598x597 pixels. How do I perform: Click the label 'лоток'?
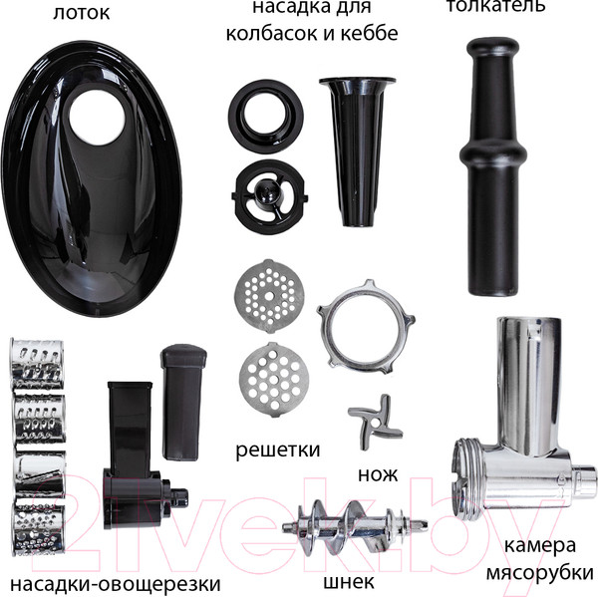81,13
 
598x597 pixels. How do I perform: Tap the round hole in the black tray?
97,118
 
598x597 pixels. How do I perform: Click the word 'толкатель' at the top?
495,6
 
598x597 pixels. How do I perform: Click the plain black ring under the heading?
266,117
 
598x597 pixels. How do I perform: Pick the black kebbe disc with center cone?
269,196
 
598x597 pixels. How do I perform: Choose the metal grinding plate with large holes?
274,379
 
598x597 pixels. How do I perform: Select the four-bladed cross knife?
376,422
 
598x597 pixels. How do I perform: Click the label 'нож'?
378,475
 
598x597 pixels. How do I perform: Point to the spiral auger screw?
355,528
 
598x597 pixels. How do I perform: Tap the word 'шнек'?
349,582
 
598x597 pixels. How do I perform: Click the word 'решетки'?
278,450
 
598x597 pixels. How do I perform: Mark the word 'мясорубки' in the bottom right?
539,573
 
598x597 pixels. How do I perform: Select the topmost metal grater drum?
38,364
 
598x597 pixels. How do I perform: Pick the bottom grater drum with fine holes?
38,526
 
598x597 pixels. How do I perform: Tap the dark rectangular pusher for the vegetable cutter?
183,402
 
